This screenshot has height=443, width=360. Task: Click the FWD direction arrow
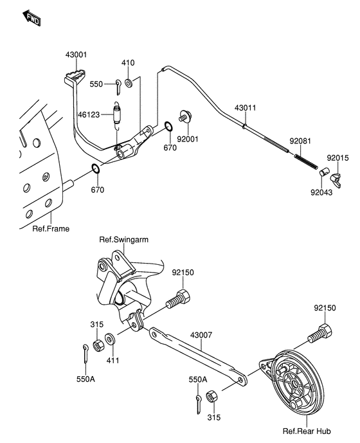click(32, 18)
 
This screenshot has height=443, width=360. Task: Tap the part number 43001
click(76, 55)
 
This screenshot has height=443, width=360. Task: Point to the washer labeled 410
click(129, 84)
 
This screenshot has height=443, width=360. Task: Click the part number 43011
click(246, 108)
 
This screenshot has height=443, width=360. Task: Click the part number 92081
click(300, 141)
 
